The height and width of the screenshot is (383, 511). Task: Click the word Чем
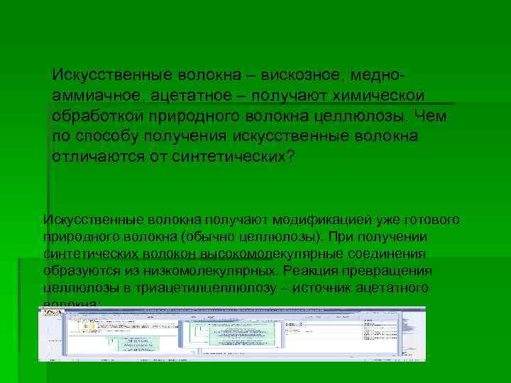pyautogui.click(x=431, y=116)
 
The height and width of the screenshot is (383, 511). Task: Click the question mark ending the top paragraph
pyautogui.click(x=287, y=156)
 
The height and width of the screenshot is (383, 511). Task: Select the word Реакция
pyautogui.click(x=307, y=271)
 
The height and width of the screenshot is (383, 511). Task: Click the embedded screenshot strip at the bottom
pyautogui.click(x=232, y=333)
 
